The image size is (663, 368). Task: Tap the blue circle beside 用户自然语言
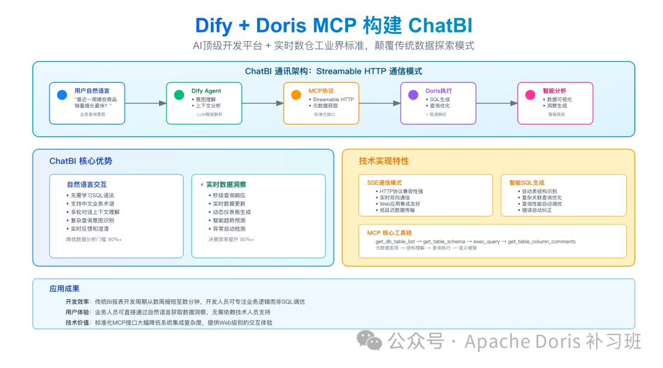click(61, 95)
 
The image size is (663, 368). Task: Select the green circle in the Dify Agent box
click(179, 95)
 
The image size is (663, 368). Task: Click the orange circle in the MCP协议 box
click(296, 95)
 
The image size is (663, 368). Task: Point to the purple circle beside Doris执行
click(413, 95)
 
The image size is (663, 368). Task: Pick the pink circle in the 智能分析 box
click(530, 95)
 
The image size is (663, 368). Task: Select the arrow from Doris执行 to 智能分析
click(496, 103)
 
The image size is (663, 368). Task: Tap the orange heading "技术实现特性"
click(384, 161)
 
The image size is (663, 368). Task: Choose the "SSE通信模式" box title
click(384, 183)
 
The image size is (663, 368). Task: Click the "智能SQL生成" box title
click(527, 183)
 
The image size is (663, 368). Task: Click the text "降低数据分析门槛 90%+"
click(94, 239)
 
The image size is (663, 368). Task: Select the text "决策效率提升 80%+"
click(231, 239)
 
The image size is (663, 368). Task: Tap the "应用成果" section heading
click(64, 288)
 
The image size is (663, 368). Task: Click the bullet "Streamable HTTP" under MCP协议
click(333, 99)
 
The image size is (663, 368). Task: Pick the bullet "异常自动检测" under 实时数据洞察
click(229, 229)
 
